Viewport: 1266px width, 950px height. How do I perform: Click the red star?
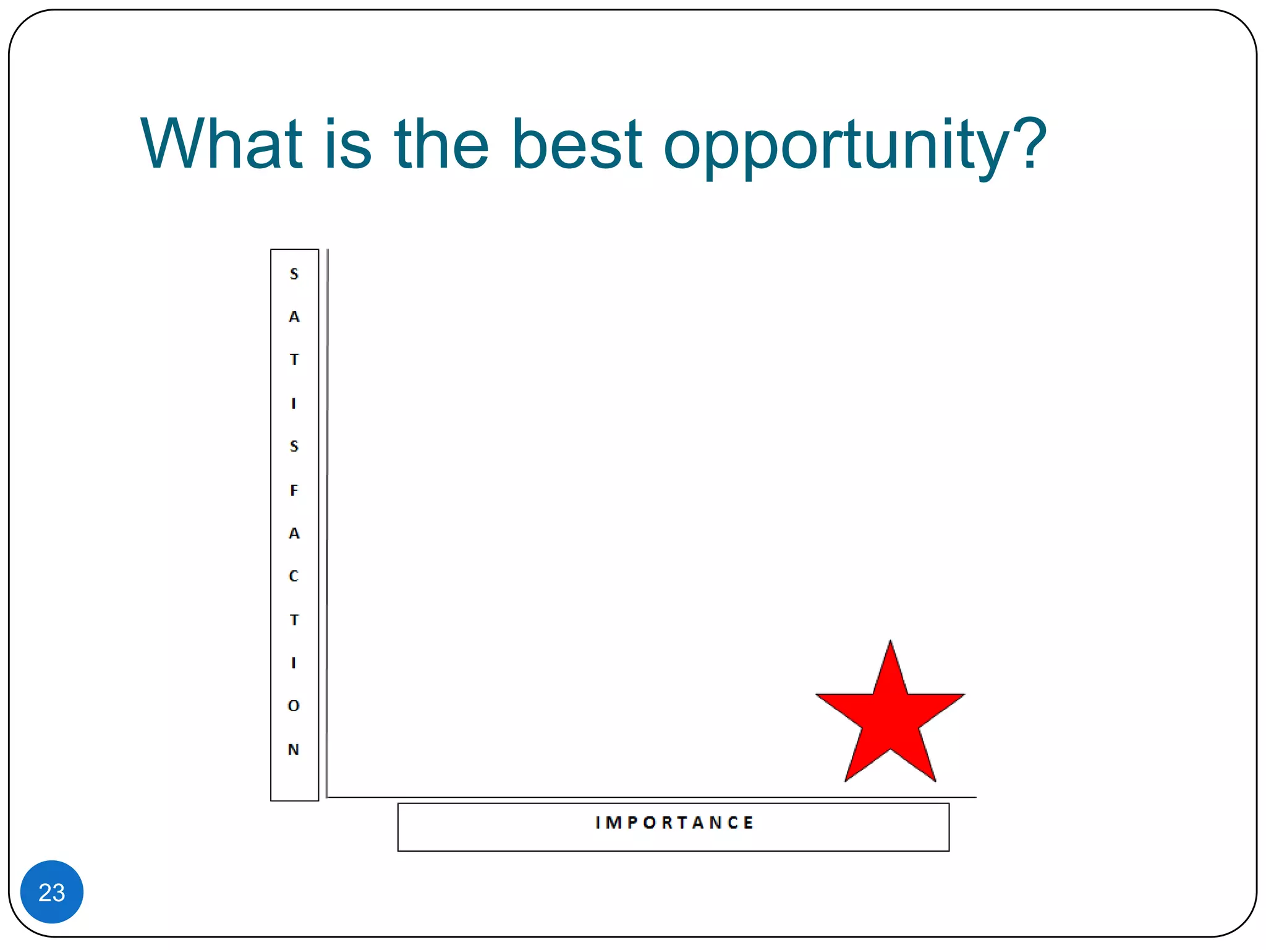point(890,717)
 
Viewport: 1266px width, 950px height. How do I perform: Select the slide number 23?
point(52,892)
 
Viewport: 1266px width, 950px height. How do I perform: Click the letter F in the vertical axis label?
point(294,490)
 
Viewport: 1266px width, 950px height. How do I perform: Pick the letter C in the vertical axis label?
point(294,576)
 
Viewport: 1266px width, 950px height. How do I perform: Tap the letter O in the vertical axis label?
point(294,706)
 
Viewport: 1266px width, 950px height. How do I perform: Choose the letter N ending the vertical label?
point(294,750)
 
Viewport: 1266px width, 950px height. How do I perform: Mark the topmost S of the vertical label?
point(294,274)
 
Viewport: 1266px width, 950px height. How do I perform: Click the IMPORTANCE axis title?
point(674,823)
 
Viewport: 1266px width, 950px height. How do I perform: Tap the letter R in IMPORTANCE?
point(666,823)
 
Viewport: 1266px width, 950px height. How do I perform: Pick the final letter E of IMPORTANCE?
point(749,823)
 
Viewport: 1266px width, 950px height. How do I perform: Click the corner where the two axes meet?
point(327,797)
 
